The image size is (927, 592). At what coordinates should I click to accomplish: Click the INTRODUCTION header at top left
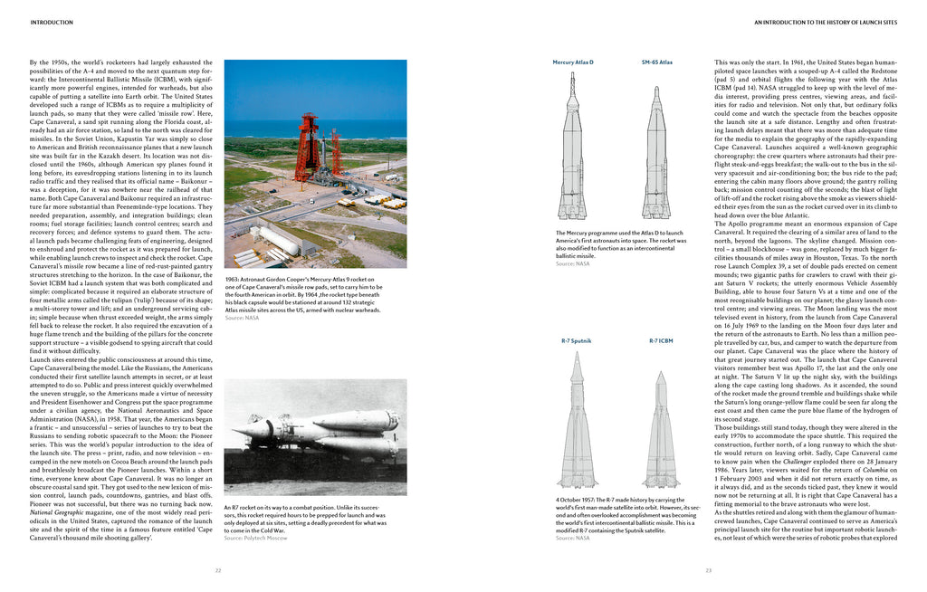click(x=52, y=22)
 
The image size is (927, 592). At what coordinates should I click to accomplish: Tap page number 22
click(x=217, y=570)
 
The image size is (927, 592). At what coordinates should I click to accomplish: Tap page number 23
click(x=709, y=570)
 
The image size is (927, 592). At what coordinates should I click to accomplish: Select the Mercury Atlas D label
click(x=573, y=62)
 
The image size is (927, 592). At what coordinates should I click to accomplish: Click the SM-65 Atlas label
click(x=656, y=62)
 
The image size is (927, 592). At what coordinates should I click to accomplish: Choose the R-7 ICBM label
click(x=661, y=341)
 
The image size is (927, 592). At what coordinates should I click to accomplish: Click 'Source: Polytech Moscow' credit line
click(x=256, y=538)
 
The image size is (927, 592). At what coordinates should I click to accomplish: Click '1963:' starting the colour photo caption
click(x=234, y=280)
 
